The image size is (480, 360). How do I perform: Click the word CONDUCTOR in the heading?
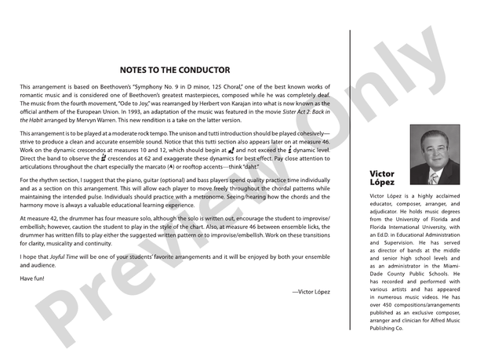202,70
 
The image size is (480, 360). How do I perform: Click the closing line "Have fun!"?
35,279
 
